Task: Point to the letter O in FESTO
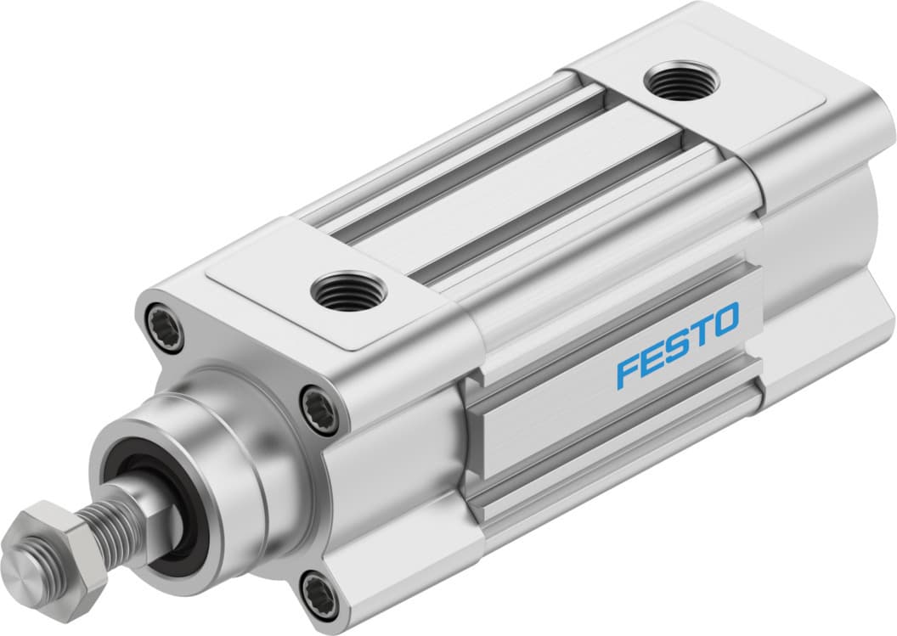(725, 319)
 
